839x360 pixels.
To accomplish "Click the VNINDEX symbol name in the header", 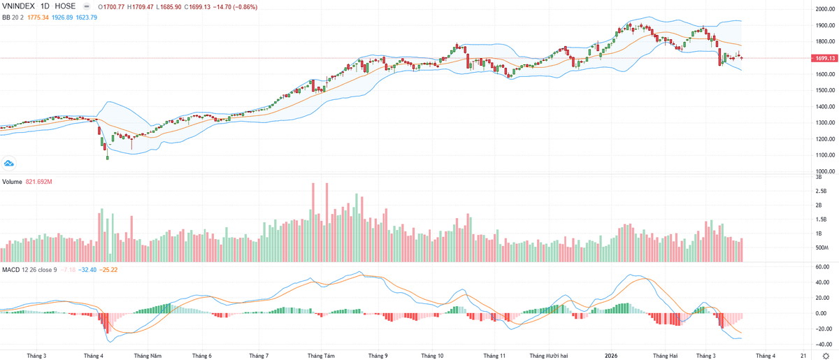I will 20,6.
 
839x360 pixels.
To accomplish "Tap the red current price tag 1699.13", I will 825,59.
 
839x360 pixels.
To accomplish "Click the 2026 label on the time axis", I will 610,355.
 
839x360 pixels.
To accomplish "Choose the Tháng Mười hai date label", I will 549,355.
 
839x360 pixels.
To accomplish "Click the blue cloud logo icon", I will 10,164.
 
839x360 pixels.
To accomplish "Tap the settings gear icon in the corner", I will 826,355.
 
